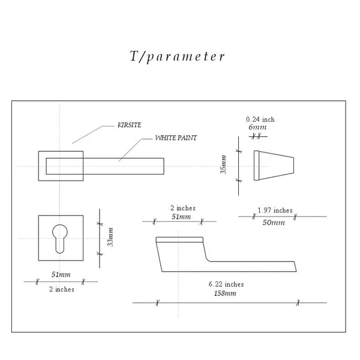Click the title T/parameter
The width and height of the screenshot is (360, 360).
point(178,57)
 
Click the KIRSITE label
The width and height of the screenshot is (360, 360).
point(130,126)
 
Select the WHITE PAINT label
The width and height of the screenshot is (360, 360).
point(176,138)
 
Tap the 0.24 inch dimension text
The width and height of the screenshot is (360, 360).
point(260,119)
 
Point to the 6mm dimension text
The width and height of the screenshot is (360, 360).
point(257,127)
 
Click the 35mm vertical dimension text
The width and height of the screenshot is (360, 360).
point(224,164)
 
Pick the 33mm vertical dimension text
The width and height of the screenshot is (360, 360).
point(110,237)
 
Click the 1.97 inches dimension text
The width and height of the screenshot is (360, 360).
point(275,211)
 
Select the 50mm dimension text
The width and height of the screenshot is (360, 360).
point(274,223)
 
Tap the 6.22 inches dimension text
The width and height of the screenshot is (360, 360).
point(226,284)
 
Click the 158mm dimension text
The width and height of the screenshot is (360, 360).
point(225,293)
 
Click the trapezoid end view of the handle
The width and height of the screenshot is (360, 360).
point(274,165)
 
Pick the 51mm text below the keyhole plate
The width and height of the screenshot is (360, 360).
point(61,275)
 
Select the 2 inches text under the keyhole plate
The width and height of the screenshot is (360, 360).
point(61,289)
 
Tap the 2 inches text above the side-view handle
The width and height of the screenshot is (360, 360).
point(182,208)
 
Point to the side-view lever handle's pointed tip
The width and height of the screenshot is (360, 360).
point(295,266)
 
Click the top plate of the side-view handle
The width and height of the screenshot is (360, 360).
point(179,240)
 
